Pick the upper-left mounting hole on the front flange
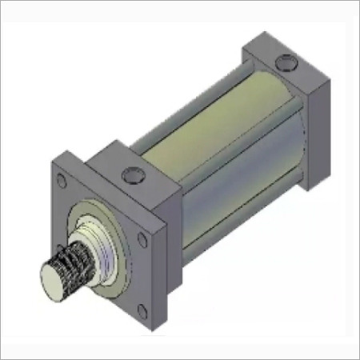click(62, 183)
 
